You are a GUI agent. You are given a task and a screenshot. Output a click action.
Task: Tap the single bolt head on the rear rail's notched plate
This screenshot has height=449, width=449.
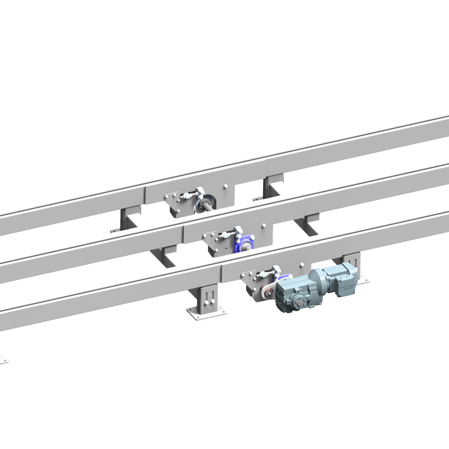coord(225,186)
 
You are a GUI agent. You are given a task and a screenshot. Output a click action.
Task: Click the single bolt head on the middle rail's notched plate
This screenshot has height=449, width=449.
coord(264,226)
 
